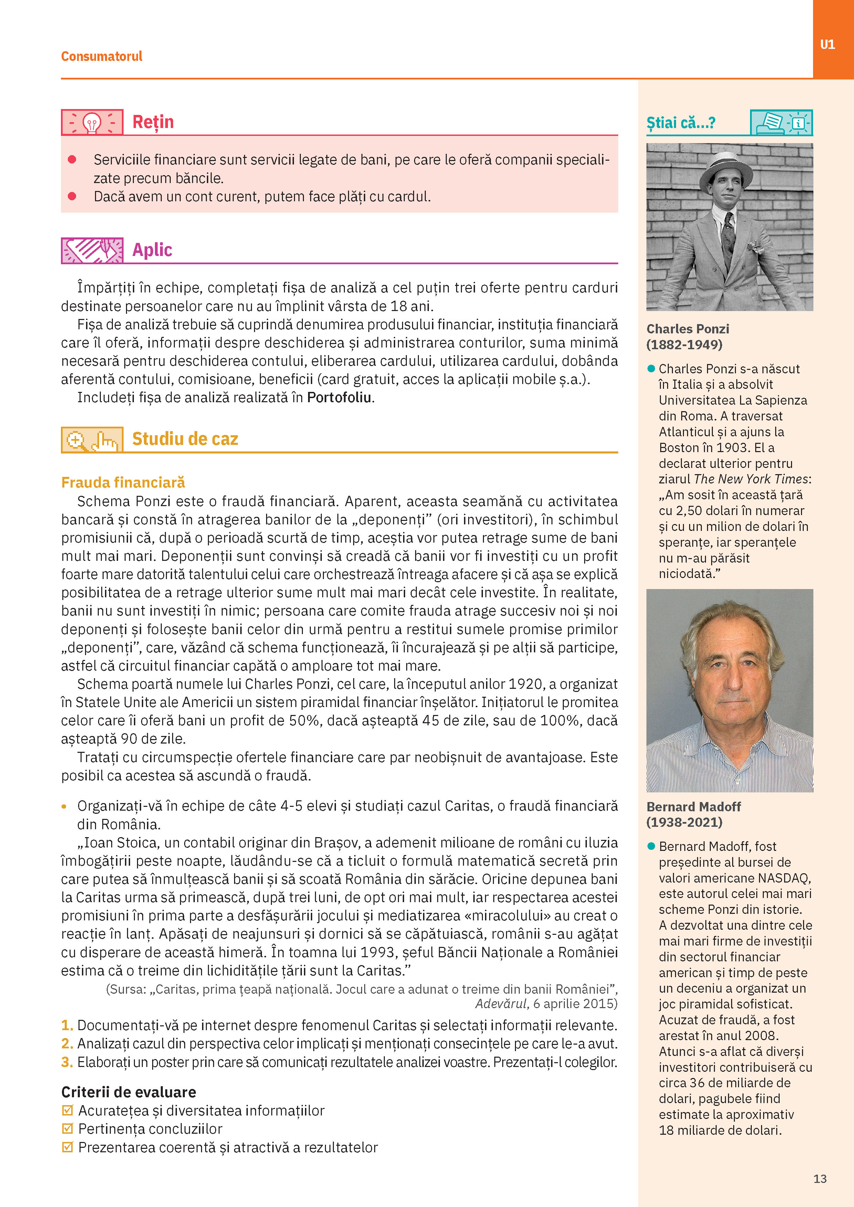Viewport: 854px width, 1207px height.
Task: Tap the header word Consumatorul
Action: tap(102, 56)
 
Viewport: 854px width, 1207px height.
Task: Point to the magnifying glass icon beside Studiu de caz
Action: tap(76, 439)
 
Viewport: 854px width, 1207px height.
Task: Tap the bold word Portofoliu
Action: tap(339, 397)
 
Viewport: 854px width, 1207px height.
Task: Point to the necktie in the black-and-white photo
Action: tap(728, 237)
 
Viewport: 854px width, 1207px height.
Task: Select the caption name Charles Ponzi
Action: tap(687, 329)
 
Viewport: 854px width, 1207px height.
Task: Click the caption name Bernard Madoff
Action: tap(693, 807)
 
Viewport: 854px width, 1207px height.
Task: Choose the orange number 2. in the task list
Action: tap(67, 1044)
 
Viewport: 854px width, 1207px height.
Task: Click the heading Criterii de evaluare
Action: tap(128, 1092)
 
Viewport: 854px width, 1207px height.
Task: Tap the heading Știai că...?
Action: tap(681, 123)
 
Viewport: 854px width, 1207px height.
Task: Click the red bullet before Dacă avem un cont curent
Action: tap(72, 196)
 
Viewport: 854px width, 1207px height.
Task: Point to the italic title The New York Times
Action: tap(750, 479)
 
